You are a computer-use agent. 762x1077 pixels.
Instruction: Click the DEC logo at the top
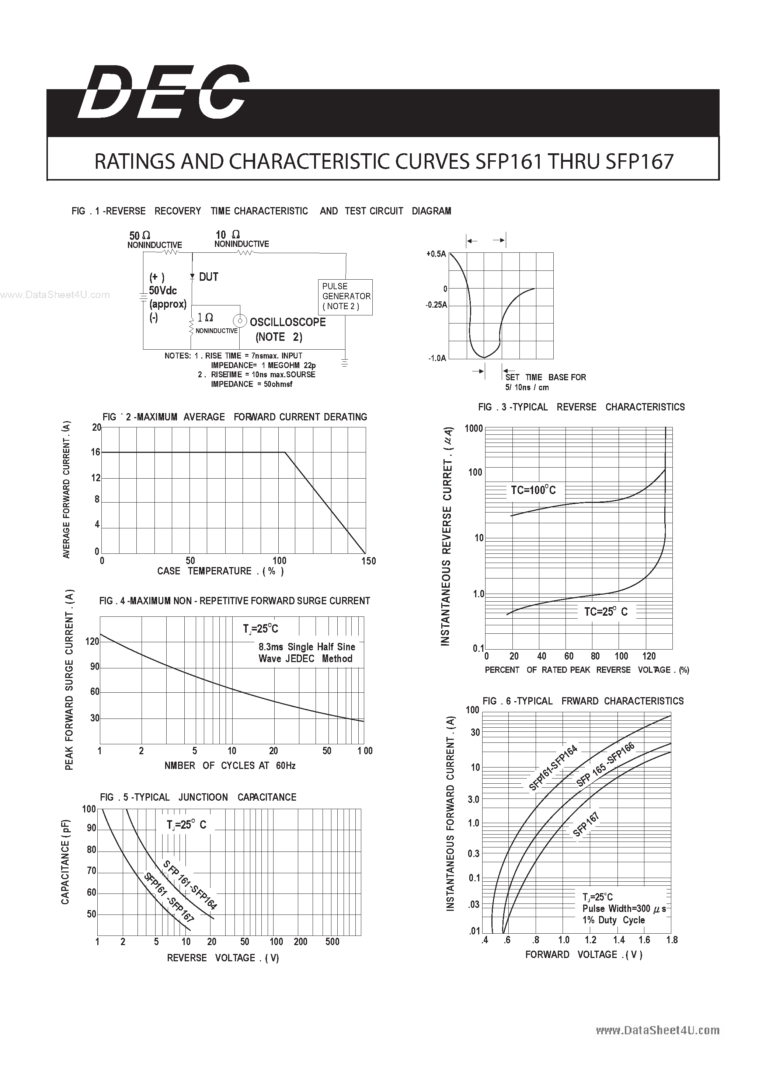click(x=163, y=92)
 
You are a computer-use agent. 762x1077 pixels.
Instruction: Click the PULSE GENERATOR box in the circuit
click(x=345, y=297)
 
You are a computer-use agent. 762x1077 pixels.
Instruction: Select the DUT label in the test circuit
click(x=208, y=277)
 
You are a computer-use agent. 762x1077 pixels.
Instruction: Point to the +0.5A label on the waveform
click(x=435, y=254)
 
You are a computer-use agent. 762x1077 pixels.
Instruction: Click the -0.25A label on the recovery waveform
click(x=436, y=305)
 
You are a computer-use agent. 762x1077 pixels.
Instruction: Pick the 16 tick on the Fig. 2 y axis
click(x=96, y=452)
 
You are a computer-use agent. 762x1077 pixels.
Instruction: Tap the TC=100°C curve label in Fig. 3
click(x=533, y=490)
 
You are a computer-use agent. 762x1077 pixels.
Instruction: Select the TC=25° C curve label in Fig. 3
click(x=605, y=612)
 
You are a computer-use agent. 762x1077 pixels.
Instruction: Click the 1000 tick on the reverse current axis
click(x=473, y=428)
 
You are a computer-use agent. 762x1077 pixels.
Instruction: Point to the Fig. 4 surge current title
click(x=234, y=601)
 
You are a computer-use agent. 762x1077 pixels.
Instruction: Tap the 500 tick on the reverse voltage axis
click(x=332, y=941)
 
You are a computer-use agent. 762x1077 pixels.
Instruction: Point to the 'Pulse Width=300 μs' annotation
click(x=624, y=909)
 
